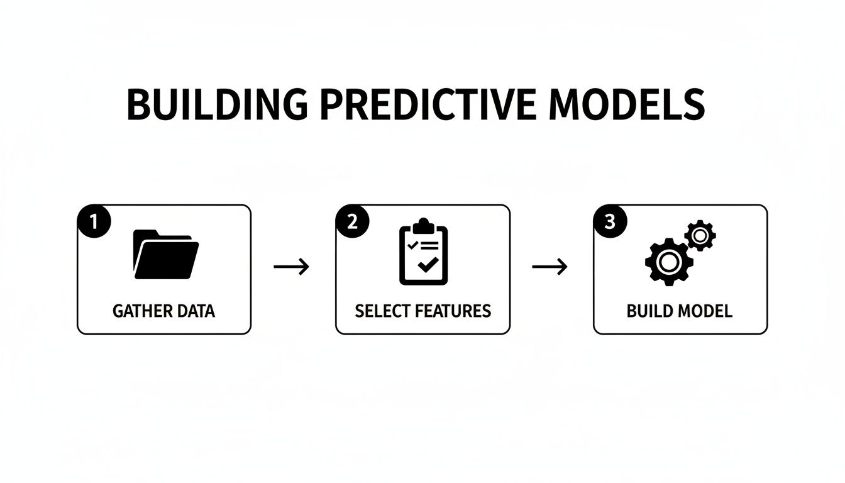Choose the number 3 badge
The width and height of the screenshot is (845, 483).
(610, 223)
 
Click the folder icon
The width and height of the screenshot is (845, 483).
(166, 254)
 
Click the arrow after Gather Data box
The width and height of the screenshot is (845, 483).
(292, 267)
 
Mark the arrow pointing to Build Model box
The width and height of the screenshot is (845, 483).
(550, 267)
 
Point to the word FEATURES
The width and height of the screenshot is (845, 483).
(451, 311)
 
